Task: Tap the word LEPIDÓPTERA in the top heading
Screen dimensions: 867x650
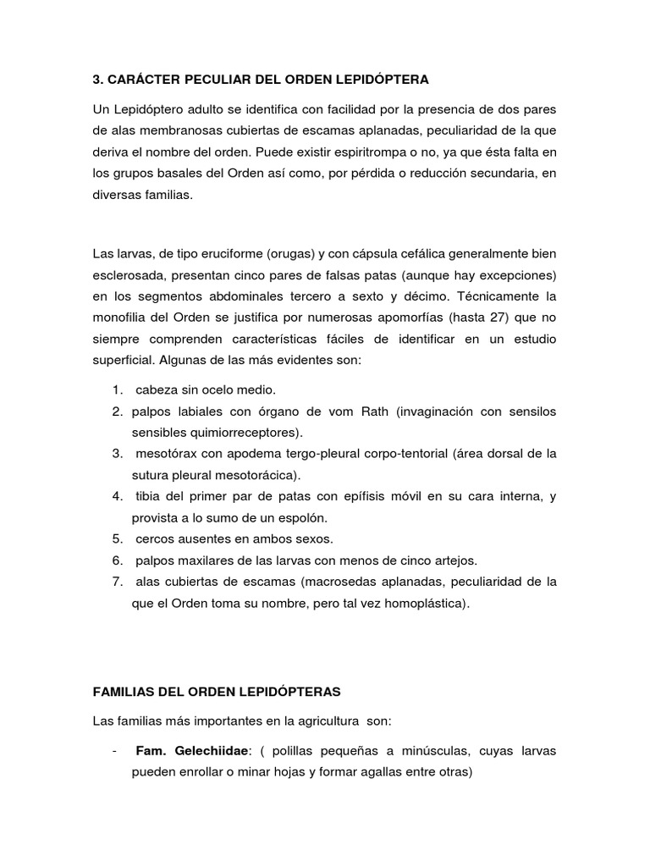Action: point(381,79)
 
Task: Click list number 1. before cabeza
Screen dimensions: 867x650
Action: point(117,389)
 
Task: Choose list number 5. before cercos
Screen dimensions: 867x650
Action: point(117,538)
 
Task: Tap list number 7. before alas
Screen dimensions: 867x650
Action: point(117,581)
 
